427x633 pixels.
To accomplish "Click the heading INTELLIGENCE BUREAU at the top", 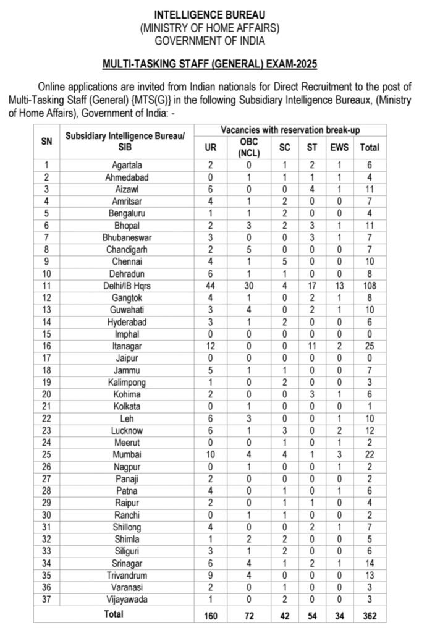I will tap(209, 14).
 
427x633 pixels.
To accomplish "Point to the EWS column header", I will tap(339, 148).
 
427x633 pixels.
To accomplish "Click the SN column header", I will tap(47, 141).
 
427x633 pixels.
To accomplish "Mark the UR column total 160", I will tap(211, 616).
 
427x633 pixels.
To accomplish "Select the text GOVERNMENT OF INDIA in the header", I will tap(209, 41).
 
